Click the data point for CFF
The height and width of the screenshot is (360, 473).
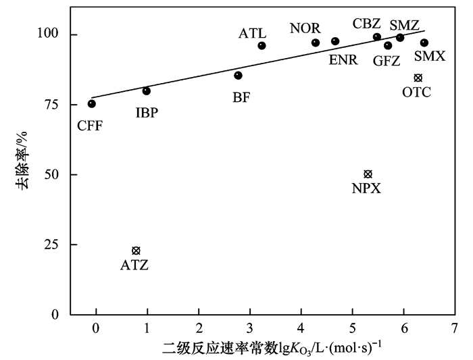tap(92, 103)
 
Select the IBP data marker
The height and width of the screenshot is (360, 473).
tap(147, 91)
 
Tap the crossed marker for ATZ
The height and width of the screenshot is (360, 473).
tap(136, 251)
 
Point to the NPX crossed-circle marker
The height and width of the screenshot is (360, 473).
tap(368, 174)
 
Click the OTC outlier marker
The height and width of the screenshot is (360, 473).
tap(418, 78)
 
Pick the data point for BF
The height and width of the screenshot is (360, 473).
tap(238, 75)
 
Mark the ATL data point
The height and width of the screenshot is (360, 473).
tap(262, 46)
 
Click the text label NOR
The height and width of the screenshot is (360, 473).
tap(305, 28)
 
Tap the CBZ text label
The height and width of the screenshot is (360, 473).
tap(367, 24)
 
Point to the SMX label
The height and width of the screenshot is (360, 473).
tap(430, 56)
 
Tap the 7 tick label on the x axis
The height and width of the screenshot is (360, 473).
tap(455, 328)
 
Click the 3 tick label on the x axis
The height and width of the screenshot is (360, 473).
tap(250, 328)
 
